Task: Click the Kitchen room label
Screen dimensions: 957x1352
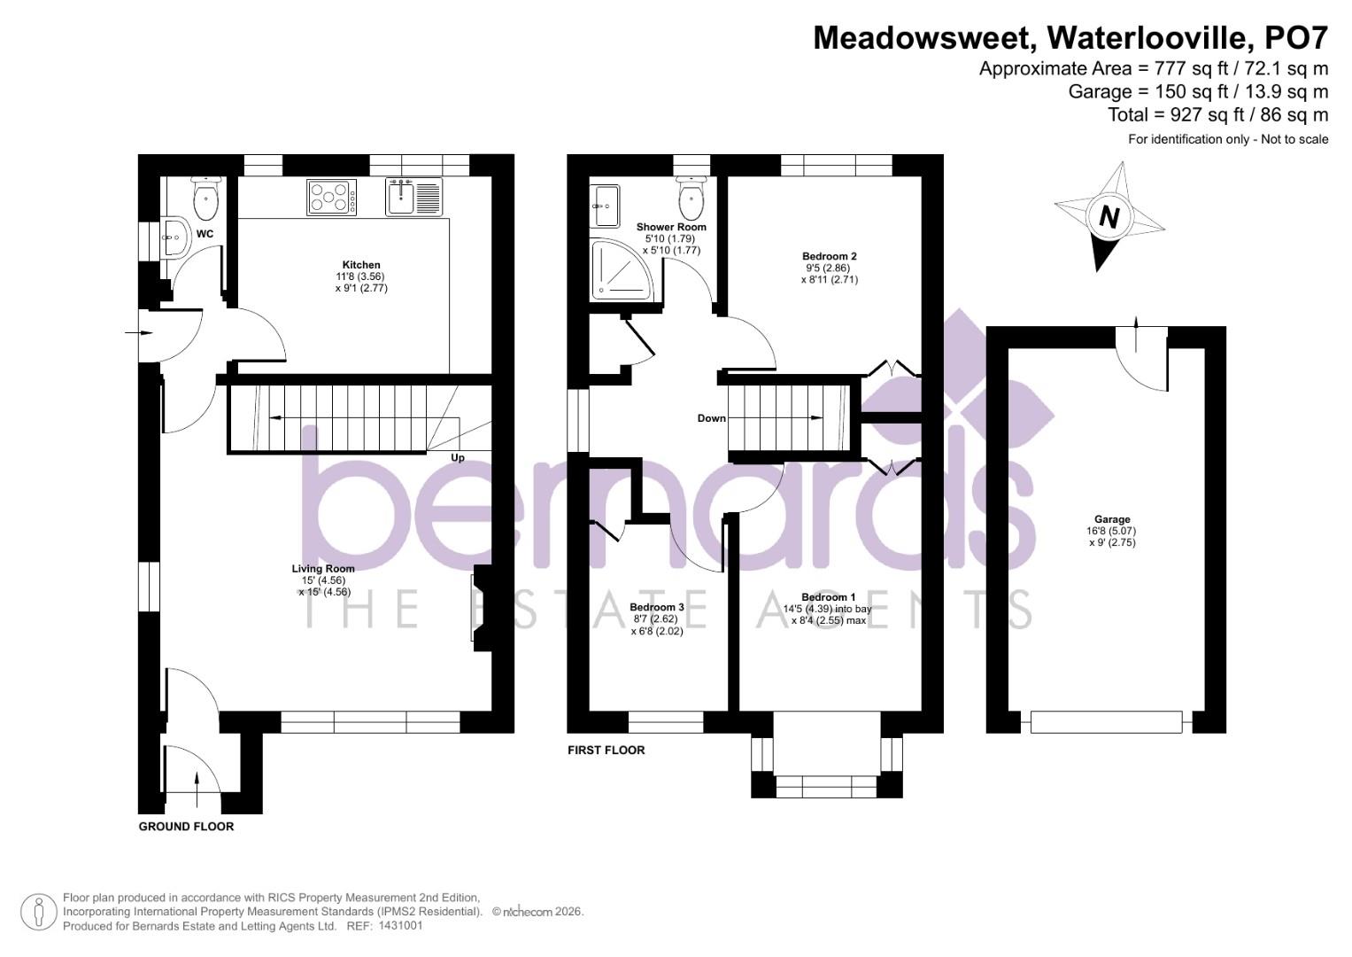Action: (361, 265)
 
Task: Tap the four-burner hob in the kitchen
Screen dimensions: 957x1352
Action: (332, 197)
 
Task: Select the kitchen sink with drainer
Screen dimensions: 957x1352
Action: (414, 196)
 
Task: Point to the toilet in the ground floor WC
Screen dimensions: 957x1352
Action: (205, 199)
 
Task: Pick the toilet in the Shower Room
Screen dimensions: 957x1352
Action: (691, 198)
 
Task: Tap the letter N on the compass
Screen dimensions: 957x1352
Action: (1109, 216)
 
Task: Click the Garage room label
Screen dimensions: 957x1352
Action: (1112, 520)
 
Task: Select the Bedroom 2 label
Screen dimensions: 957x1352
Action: (830, 256)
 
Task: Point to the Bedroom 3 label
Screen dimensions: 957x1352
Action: (657, 607)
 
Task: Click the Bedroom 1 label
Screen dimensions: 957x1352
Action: (829, 597)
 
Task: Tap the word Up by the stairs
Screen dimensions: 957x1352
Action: (458, 458)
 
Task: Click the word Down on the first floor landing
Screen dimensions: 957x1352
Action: (711, 418)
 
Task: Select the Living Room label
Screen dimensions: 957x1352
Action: (323, 569)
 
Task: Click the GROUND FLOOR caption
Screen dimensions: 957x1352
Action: (187, 827)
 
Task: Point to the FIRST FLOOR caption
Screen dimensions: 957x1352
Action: (606, 751)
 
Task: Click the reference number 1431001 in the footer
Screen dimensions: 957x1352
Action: (400, 926)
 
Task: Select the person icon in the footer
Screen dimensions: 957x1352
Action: (39, 912)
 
